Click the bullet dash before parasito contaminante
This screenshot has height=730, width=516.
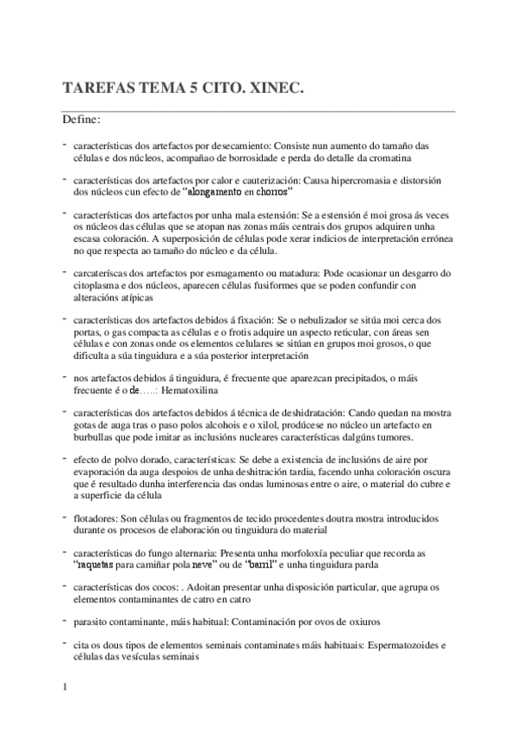65,618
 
